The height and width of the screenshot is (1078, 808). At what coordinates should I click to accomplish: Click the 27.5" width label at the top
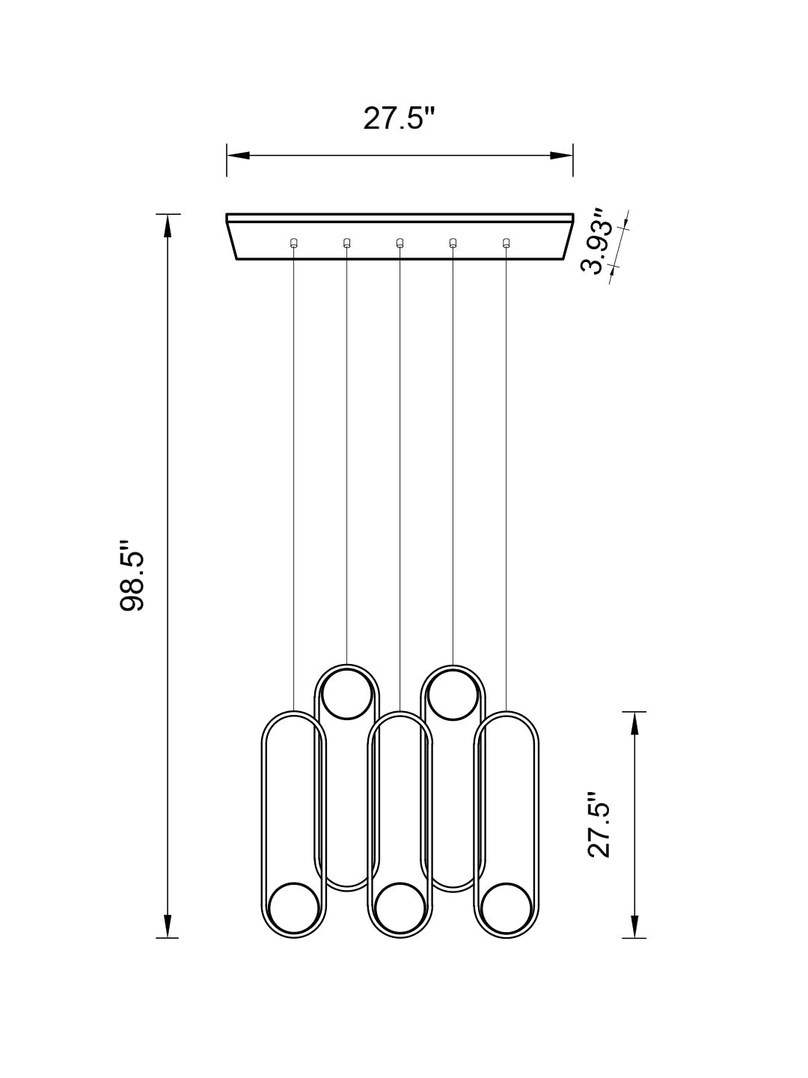point(399,118)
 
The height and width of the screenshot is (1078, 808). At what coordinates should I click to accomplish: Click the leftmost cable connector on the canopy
point(293,243)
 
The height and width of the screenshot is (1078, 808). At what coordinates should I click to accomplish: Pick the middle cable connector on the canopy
point(400,243)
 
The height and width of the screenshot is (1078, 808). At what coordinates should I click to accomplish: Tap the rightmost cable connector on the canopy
point(506,243)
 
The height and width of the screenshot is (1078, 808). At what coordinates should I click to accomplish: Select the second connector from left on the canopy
point(346,243)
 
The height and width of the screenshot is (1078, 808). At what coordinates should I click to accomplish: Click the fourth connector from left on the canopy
point(453,243)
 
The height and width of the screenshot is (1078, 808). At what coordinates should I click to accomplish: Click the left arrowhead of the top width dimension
point(238,156)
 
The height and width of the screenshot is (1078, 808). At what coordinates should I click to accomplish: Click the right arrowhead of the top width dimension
point(561,156)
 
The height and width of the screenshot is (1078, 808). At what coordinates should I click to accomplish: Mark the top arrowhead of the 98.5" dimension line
point(168,226)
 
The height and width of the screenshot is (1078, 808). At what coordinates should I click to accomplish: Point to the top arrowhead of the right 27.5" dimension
point(634,723)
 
